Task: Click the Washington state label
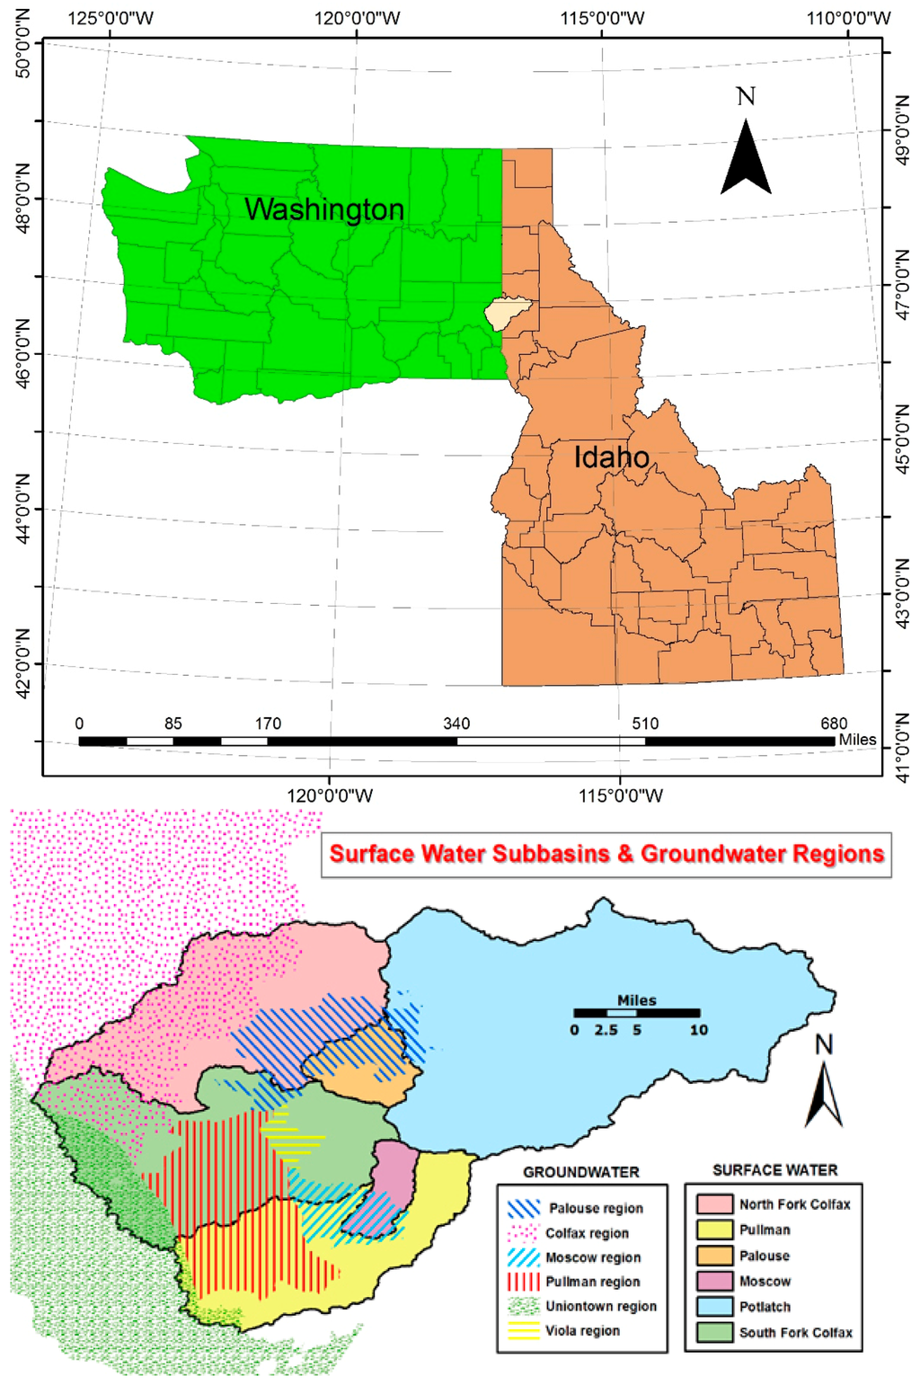(324, 209)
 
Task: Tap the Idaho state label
(611, 457)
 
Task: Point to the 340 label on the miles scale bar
(456, 724)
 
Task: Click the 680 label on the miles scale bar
(834, 724)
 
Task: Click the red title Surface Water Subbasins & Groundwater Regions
(606, 853)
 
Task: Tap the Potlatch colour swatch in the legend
(715, 1307)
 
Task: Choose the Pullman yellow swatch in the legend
(715, 1230)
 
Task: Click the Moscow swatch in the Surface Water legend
(715, 1282)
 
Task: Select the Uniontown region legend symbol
(524, 1307)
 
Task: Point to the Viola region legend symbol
(524, 1331)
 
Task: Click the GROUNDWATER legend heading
(581, 1172)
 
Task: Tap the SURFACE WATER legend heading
(774, 1170)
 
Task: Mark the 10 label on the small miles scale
(699, 1030)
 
